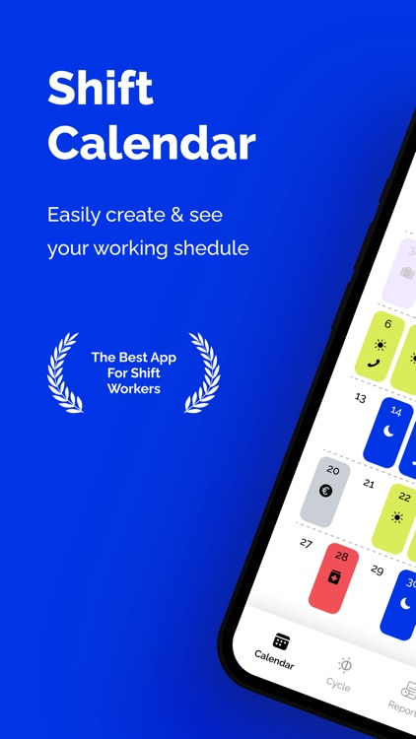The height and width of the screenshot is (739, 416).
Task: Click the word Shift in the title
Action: tap(101, 91)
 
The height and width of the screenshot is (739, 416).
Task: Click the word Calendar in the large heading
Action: tap(152, 143)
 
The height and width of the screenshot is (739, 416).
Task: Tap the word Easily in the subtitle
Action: tap(79, 215)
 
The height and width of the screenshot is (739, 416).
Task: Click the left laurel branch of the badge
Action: tap(63, 371)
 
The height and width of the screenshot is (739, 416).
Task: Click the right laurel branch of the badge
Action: tap(204, 371)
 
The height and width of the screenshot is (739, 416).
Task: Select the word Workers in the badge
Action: tap(133, 390)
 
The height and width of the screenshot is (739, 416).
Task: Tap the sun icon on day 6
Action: tap(380, 345)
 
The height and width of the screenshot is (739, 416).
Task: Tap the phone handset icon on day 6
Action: tap(373, 364)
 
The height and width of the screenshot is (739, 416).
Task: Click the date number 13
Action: tap(361, 398)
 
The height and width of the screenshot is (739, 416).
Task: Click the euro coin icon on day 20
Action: tap(326, 491)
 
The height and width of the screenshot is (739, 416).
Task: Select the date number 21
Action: tap(369, 484)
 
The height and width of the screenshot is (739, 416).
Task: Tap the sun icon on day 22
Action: tap(397, 516)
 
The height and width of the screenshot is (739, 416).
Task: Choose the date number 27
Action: tap(307, 543)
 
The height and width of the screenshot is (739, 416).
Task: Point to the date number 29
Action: tap(377, 571)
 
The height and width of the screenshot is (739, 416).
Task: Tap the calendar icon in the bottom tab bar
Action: tap(281, 641)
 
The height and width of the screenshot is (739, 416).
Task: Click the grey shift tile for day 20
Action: tap(326, 490)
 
